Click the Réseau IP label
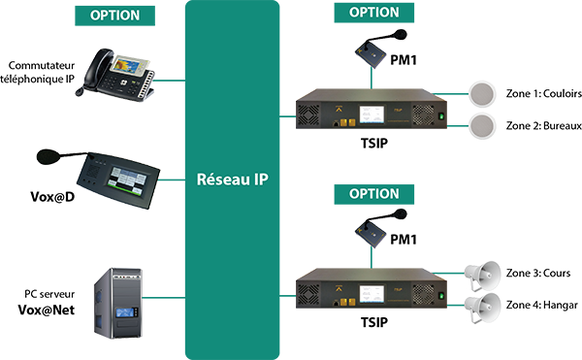click(233, 180)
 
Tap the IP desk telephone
click(114, 75)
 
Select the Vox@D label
click(52, 197)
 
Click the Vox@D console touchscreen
click(126, 180)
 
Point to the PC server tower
click(118, 303)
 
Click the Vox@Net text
click(47, 310)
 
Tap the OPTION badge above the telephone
click(114, 16)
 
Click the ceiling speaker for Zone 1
click(482, 94)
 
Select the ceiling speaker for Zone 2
click(482, 126)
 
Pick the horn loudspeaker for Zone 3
click(482, 276)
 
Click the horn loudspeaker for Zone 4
click(482, 308)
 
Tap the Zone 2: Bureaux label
click(544, 126)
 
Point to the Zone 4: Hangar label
click(542, 305)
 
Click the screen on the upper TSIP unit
click(372, 115)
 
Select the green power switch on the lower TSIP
click(441, 296)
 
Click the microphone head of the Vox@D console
click(48, 156)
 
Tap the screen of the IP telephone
click(128, 65)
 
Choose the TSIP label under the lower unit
click(374, 322)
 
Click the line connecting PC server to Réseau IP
click(164, 297)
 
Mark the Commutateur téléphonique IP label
click(38, 72)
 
